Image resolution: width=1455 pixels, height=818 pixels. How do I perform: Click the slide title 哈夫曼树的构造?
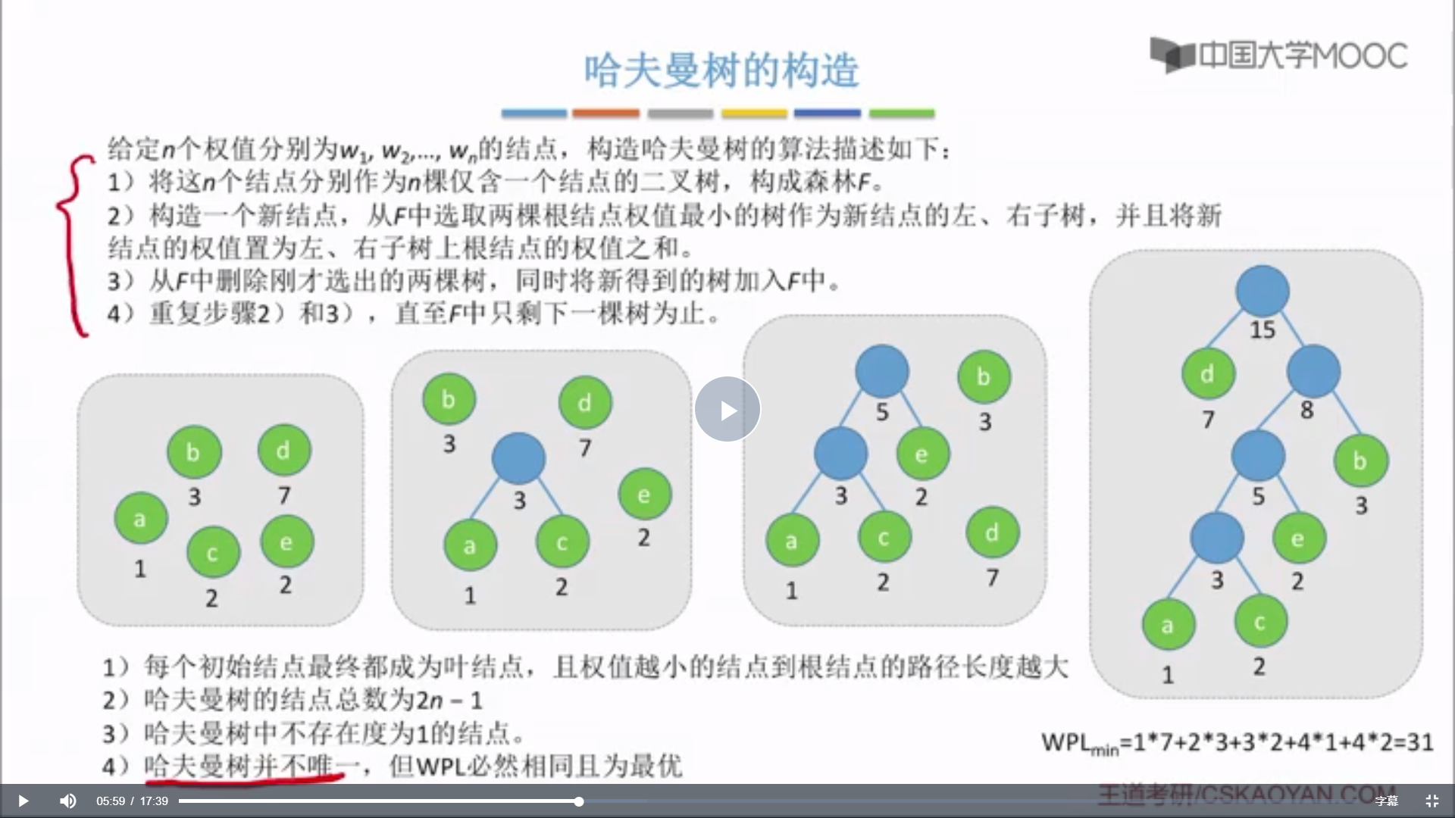click(x=721, y=71)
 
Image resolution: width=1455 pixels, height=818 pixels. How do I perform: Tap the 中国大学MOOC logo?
click(x=1278, y=55)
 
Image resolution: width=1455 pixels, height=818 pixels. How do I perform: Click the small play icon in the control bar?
click(x=23, y=801)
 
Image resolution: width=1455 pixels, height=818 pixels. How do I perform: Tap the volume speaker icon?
click(x=67, y=801)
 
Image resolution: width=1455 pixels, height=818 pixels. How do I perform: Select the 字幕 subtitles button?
click(x=1386, y=801)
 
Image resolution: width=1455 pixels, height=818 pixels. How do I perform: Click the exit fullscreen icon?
click(x=1432, y=801)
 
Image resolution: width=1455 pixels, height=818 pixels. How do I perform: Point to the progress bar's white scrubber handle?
click(x=578, y=801)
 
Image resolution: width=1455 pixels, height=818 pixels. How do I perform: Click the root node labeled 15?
click(x=1262, y=291)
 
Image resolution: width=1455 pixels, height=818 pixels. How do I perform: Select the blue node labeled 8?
click(x=1313, y=371)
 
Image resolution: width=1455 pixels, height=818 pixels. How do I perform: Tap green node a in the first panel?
click(x=141, y=518)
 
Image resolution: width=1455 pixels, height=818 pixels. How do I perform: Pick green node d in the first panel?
click(x=283, y=451)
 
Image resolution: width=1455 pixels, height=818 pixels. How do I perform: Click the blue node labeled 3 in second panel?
click(x=518, y=458)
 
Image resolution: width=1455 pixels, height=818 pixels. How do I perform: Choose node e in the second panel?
click(x=644, y=495)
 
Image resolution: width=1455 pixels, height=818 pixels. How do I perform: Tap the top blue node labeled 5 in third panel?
click(x=881, y=371)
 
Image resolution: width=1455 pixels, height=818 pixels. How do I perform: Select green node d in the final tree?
click(x=1207, y=373)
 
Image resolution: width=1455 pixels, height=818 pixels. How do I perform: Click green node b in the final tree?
click(x=1360, y=461)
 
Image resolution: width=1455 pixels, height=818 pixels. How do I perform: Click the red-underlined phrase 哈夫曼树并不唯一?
click(x=244, y=766)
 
